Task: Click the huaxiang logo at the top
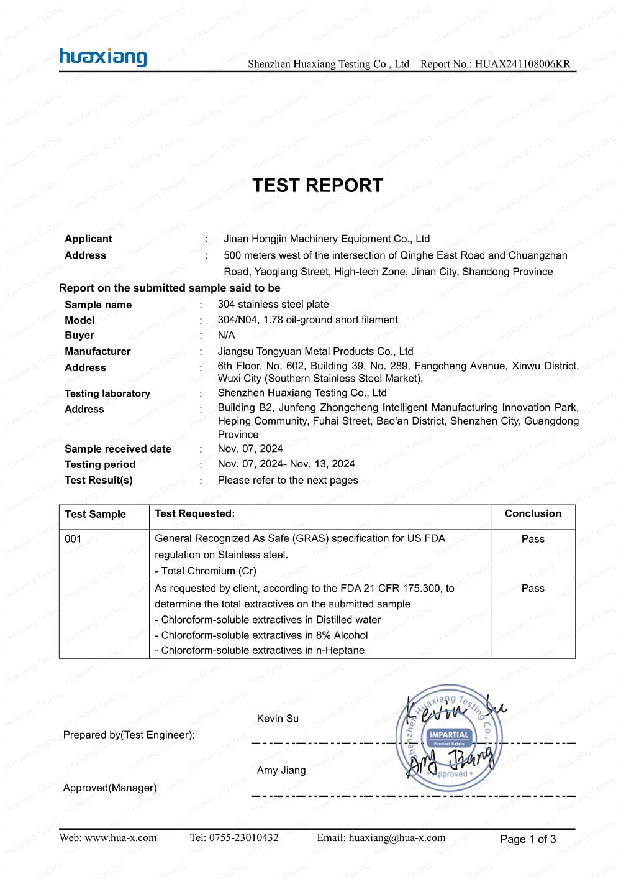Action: click(103, 57)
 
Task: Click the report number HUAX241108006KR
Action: click(522, 63)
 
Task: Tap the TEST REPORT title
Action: click(317, 185)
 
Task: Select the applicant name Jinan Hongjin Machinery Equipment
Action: click(327, 239)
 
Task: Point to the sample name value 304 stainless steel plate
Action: click(273, 304)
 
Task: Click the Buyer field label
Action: click(79, 335)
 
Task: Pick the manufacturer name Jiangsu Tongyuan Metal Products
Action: click(315, 351)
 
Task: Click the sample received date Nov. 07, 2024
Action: click(250, 448)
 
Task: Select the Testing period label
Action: click(100, 464)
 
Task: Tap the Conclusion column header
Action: click(533, 513)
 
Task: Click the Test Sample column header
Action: click(95, 514)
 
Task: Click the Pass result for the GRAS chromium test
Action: click(533, 539)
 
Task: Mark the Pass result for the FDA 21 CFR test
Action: click(533, 588)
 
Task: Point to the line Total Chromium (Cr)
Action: click(208, 571)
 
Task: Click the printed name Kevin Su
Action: click(278, 718)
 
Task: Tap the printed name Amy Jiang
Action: click(281, 770)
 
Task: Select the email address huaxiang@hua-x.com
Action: click(397, 837)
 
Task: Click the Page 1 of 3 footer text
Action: click(528, 839)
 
